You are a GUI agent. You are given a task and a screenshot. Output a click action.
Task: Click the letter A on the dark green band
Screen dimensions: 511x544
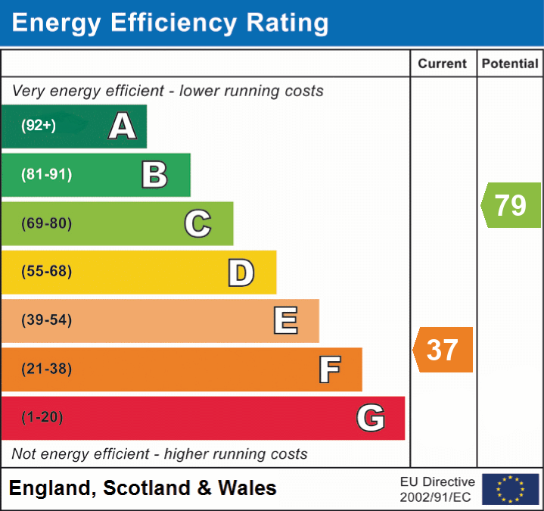click(123, 126)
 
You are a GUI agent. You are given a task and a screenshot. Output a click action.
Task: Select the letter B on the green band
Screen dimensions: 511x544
click(154, 175)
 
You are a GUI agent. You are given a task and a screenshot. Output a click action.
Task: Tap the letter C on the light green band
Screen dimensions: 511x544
click(197, 223)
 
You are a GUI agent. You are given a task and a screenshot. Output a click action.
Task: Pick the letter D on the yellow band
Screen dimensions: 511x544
click(241, 273)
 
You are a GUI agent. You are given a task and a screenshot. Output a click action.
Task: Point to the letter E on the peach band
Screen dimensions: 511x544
click(285, 321)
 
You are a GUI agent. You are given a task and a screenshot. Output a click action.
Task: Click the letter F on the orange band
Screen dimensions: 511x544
click(329, 369)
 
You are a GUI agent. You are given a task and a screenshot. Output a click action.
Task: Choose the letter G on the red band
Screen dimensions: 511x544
click(371, 418)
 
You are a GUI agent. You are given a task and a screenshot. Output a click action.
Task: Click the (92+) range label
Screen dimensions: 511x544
click(39, 126)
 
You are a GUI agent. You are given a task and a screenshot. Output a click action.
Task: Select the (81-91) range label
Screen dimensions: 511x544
click(46, 175)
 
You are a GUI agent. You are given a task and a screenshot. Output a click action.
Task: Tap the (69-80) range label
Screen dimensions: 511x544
click(46, 223)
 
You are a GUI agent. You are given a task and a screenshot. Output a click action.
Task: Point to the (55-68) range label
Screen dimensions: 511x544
click(46, 272)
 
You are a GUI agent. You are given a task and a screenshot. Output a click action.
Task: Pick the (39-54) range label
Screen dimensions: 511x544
click(46, 320)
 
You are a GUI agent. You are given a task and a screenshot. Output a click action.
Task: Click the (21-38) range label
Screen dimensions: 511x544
click(46, 369)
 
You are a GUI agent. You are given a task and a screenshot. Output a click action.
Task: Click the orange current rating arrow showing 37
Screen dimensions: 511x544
click(443, 350)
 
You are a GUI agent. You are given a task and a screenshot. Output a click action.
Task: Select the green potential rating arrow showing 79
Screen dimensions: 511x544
click(511, 204)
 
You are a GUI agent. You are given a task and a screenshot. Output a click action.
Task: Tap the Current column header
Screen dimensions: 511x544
click(443, 64)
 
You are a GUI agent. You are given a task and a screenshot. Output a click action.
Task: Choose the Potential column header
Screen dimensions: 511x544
click(510, 64)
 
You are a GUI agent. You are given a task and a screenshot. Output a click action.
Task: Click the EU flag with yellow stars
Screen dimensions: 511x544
click(510, 489)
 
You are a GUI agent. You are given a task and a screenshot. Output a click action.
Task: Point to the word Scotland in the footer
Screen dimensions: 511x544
click(147, 488)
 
